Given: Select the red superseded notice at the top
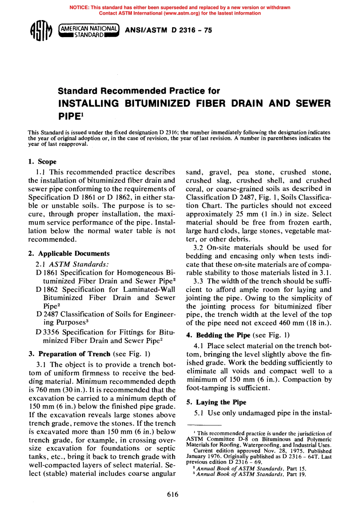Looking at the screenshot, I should point(180,10).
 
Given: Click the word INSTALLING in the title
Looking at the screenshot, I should point(88,103).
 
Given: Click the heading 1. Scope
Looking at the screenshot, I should point(42,161).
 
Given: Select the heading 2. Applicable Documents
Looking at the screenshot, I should point(69,253).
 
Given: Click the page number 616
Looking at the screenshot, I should point(172,494).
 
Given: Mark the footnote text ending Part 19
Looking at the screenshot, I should point(251,474).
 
